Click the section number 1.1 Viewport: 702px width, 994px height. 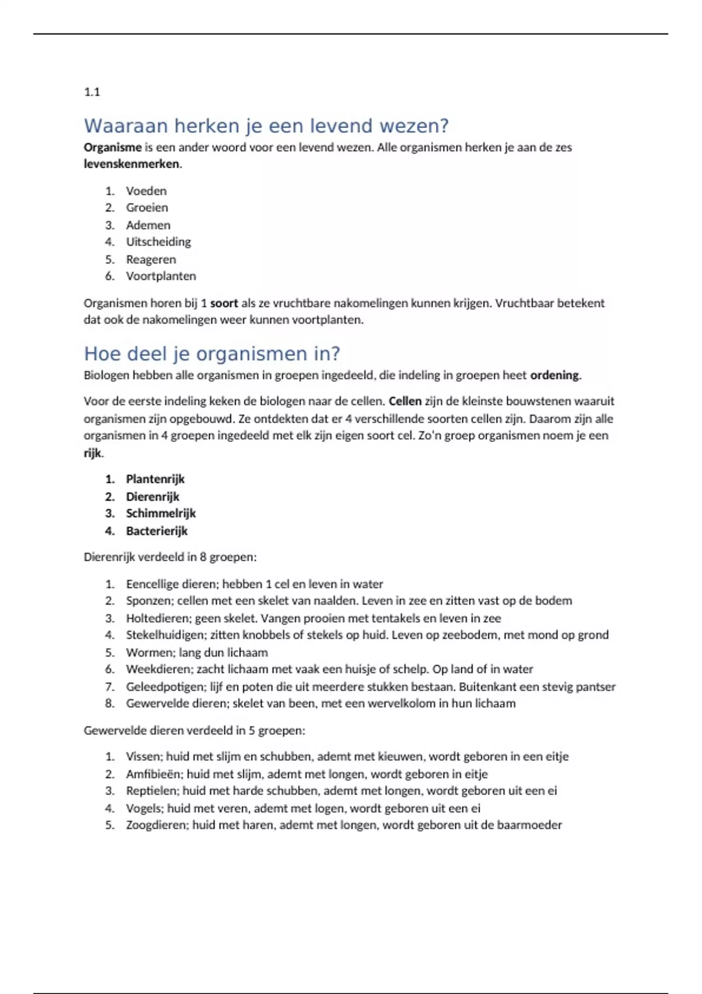click(92, 92)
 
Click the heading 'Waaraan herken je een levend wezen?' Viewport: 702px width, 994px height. click(266, 126)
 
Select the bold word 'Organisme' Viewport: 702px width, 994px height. click(112, 147)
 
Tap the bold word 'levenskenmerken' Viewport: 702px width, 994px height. click(132, 164)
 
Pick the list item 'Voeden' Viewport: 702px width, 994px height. click(146, 191)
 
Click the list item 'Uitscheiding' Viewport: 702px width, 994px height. click(158, 241)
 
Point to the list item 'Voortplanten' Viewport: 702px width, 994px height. click(161, 276)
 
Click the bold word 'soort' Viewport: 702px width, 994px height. click(224, 303)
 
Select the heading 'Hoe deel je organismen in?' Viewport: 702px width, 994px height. click(212, 353)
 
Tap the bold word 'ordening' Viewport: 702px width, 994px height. click(555, 375)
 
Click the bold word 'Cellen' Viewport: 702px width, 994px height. click(405, 401)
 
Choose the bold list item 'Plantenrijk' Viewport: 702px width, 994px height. click(155, 479)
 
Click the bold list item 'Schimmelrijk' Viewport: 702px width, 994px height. click(161, 513)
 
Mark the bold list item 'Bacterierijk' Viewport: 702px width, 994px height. click(157, 531)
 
